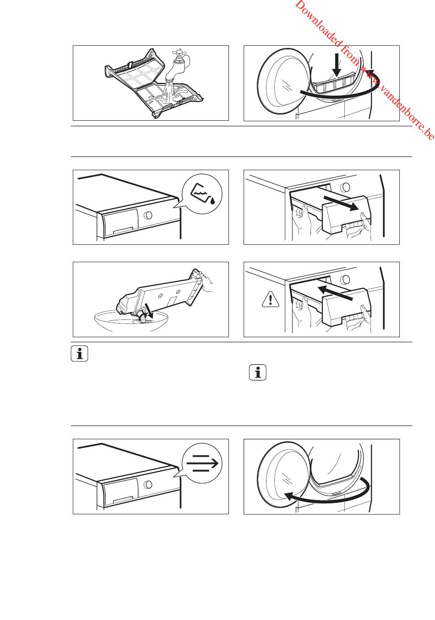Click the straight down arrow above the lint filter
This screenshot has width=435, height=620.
[337, 65]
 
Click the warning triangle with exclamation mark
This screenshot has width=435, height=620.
[271, 300]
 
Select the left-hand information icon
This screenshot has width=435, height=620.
[80, 353]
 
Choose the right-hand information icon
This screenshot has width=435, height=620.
[258, 372]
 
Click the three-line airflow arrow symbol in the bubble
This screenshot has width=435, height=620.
[202, 464]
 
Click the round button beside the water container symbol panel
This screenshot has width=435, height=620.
[148, 215]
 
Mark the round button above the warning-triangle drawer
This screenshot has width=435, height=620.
[346, 279]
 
